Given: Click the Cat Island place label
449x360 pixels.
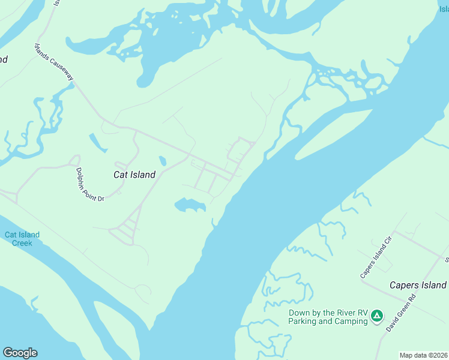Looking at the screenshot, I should coord(134,175).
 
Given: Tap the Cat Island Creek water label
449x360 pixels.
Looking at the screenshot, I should coord(22,239).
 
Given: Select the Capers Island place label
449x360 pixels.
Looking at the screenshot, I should coord(418,285).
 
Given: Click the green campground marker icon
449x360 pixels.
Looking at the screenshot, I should coord(376,315).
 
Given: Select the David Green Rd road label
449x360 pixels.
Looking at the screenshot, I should coord(401,313).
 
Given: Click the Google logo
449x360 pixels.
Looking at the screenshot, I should coord(20,353).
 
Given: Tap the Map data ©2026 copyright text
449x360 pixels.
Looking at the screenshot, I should coord(424,355).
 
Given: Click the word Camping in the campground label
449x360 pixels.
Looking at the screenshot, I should coord(350,321).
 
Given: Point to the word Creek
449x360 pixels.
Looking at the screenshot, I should coord(22,243).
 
